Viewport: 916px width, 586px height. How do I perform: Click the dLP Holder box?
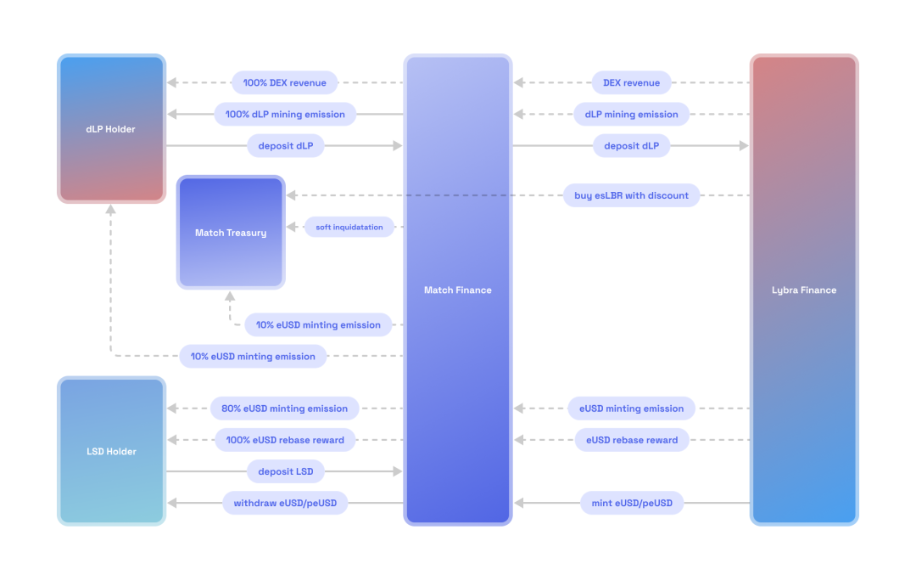[x=111, y=129]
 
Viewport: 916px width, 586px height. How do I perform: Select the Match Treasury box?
[x=231, y=233]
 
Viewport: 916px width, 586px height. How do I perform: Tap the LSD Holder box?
[x=111, y=451]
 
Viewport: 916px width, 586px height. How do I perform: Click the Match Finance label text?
[x=457, y=290]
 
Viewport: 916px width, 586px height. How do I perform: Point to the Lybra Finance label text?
[x=803, y=290]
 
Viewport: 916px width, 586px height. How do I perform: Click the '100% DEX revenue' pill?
[x=284, y=83]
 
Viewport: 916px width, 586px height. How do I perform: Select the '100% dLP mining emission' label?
[x=285, y=115]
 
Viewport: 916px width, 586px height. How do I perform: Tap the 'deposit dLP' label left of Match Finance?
[x=286, y=146]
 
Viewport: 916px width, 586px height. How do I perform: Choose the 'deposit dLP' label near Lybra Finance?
[x=631, y=146]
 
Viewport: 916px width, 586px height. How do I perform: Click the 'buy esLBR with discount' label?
[x=631, y=195]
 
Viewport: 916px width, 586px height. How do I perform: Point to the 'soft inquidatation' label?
[x=349, y=227]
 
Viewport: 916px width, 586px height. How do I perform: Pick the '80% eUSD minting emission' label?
[x=284, y=409]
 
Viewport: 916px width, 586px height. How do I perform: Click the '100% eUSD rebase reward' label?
[x=285, y=440]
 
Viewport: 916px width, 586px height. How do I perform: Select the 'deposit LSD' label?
[x=286, y=471]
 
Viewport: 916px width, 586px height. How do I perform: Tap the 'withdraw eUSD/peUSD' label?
[x=285, y=504]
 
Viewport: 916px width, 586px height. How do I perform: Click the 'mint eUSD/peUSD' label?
[x=632, y=504]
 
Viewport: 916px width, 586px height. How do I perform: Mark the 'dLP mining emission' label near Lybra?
[x=631, y=115]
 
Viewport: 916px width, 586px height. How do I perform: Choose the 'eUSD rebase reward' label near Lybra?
[x=632, y=440]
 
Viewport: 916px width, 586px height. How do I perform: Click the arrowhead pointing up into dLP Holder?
[x=111, y=210]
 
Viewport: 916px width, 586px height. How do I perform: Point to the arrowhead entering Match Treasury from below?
[x=230, y=296]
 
